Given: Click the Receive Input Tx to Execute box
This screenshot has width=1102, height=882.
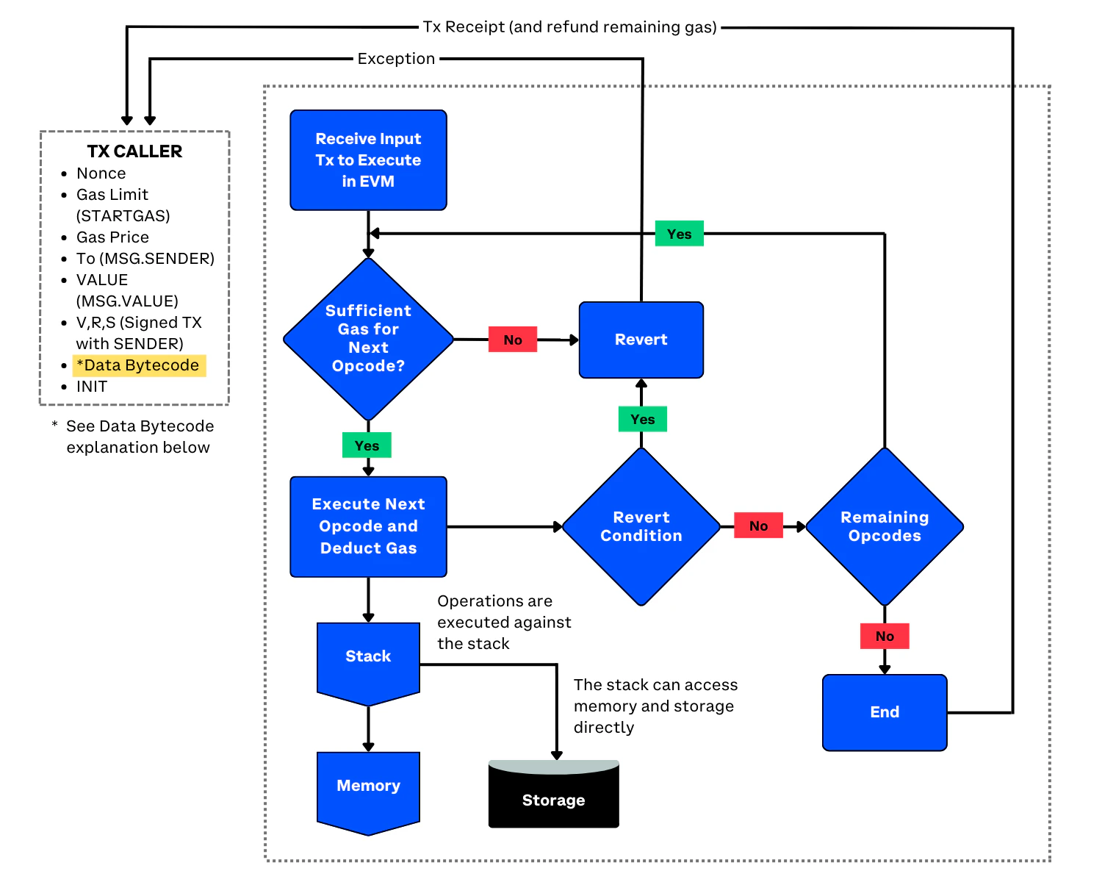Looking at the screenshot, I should click(368, 160).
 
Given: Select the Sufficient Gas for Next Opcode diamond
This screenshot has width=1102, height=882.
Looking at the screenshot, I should click(368, 339).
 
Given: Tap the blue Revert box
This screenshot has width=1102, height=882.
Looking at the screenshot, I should click(641, 340).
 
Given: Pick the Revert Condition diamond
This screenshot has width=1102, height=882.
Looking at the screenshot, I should click(641, 526).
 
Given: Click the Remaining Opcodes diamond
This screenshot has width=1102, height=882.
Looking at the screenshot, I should click(885, 526).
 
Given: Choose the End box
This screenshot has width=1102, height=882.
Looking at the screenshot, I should click(885, 712).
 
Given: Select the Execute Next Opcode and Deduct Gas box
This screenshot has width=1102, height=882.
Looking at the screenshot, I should click(368, 526).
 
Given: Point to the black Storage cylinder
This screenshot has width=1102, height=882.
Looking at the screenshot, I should click(553, 797).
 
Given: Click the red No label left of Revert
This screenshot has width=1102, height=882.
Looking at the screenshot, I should click(513, 340).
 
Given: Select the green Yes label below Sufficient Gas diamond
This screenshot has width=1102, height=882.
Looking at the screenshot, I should click(367, 445).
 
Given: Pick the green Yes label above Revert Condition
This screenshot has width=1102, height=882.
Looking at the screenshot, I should click(642, 419).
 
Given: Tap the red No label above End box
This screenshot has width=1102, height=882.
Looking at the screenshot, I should click(885, 636).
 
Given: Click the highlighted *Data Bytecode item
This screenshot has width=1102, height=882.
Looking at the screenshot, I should click(139, 365).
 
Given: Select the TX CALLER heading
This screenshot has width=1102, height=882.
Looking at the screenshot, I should click(134, 151).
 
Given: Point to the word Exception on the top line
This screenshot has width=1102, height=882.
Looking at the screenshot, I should click(396, 59).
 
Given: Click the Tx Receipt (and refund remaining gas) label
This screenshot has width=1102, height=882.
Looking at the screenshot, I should click(569, 27).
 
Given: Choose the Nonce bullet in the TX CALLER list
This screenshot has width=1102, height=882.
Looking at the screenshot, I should click(101, 173).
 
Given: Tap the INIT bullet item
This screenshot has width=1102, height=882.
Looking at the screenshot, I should click(92, 387).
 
